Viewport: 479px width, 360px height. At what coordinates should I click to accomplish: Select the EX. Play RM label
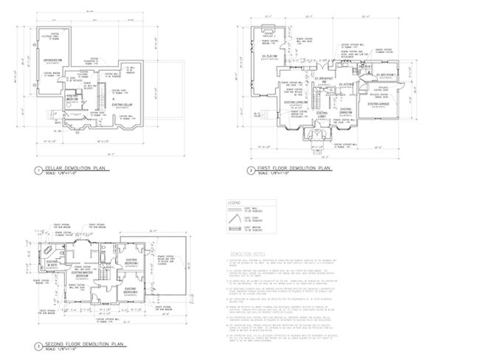[266, 56]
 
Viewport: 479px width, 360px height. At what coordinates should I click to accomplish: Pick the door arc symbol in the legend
[235, 220]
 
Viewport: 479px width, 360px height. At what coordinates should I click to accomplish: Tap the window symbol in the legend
[235, 229]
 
